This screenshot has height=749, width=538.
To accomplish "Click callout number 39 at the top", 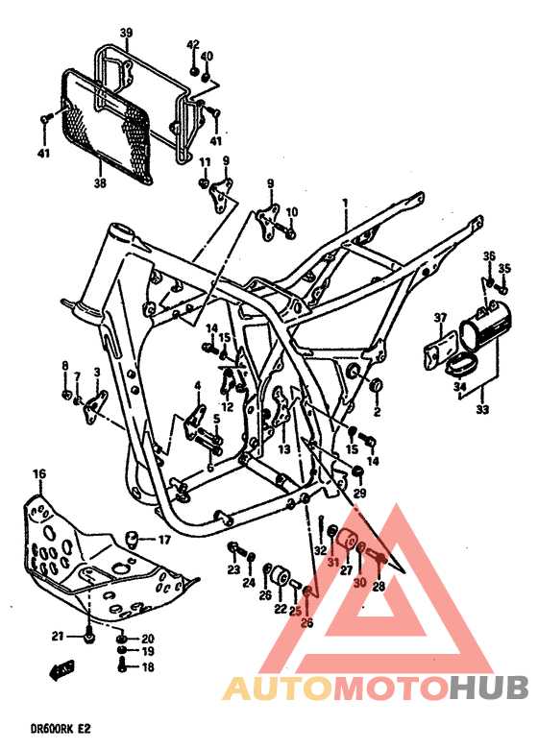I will [125, 34].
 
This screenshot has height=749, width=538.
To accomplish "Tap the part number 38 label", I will [99, 181].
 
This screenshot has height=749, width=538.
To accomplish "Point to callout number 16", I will [39, 473].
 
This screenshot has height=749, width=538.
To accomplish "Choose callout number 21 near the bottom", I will [58, 636].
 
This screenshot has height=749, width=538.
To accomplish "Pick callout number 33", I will [481, 410].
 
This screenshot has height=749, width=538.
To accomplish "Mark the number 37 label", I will [440, 317].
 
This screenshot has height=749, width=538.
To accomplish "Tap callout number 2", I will [377, 412].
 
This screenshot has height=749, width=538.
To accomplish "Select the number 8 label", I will [65, 366].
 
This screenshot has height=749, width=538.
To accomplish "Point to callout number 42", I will [192, 44].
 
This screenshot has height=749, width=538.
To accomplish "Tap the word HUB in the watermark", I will [489, 688].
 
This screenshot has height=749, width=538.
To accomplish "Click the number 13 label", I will [284, 447].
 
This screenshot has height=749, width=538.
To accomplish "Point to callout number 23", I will [232, 569].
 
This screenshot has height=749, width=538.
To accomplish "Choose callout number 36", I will [488, 255].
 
